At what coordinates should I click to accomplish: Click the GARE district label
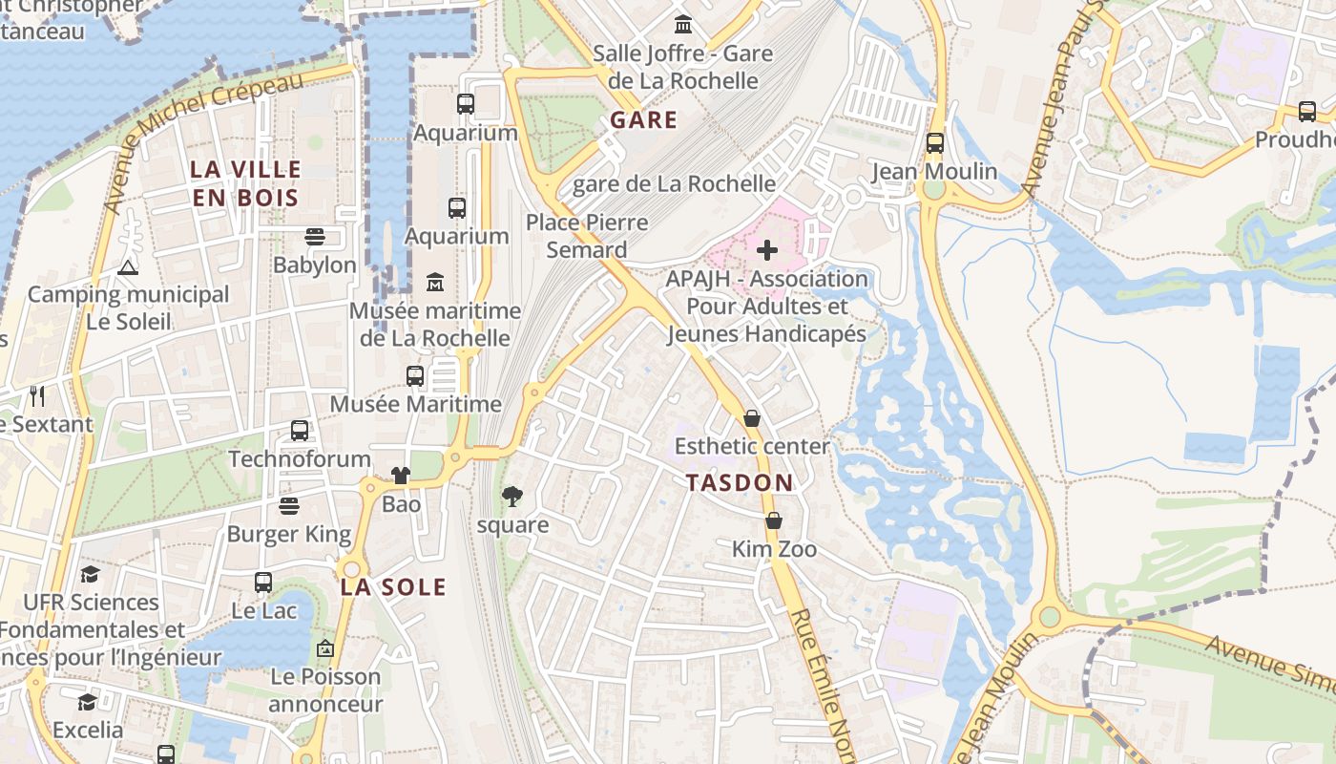[x=643, y=120]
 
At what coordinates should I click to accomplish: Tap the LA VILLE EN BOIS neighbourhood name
[x=246, y=183]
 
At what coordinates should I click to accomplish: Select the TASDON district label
[x=740, y=482]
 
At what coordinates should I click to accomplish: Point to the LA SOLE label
[x=393, y=587]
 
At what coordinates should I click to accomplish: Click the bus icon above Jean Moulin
[x=935, y=143]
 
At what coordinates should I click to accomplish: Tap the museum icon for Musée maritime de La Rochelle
[x=435, y=282]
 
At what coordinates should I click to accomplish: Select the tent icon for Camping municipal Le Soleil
[x=128, y=266]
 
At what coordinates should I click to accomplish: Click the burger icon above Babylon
[x=315, y=236]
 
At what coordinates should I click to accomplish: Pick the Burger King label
[x=289, y=534]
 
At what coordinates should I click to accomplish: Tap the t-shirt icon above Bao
[x=400, y=476]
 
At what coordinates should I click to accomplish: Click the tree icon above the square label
[x=512, y=496]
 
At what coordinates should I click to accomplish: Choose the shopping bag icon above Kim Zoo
[x=773, y=520]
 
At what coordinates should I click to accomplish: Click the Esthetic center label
[x=752, y=446]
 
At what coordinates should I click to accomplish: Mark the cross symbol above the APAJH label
[x=767, y=250]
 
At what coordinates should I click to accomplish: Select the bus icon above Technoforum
[x=300, y=431]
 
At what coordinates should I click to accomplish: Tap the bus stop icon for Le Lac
[x=263, y=582]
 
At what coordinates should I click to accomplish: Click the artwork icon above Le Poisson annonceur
[x=325, y=648]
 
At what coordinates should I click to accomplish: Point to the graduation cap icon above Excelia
[x=88, y=702]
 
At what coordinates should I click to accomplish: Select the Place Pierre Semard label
[x=587, y=236]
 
